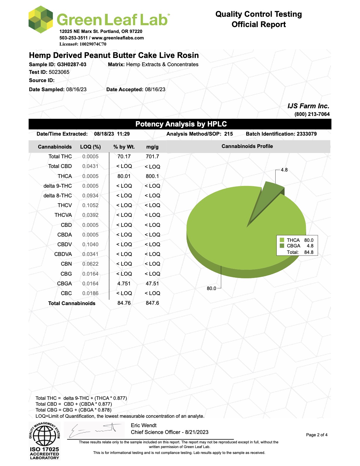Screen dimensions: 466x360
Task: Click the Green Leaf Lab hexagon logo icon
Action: (41, 19)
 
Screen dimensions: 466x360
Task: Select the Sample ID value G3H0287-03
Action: (71, 64)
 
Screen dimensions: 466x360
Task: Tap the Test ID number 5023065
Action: (59, 72)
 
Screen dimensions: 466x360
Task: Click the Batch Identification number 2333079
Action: (306, 134)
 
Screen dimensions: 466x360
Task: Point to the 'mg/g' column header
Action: (152, 147)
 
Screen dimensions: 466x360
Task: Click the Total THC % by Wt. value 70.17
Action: (124, 157)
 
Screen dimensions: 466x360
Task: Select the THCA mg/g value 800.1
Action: (152, 176)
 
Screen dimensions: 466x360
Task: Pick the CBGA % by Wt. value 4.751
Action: (124, 284)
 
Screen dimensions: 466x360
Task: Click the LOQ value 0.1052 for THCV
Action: (90, 205)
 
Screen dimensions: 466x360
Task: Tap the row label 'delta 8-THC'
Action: (58, 196)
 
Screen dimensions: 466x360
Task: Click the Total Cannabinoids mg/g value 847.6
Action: (152, 303)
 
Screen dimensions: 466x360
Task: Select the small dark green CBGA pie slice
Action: (266, 200)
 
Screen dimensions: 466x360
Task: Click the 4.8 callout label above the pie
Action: (284, 170)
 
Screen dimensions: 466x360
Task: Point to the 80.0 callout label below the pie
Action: (211, 288)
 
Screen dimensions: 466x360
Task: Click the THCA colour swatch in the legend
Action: (282, 240)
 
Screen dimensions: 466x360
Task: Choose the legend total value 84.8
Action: (309, 252)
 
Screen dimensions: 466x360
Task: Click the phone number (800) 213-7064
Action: (312, 114)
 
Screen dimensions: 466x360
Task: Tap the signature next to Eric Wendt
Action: (94, 431)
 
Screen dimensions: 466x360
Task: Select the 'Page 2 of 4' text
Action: (317, 435)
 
